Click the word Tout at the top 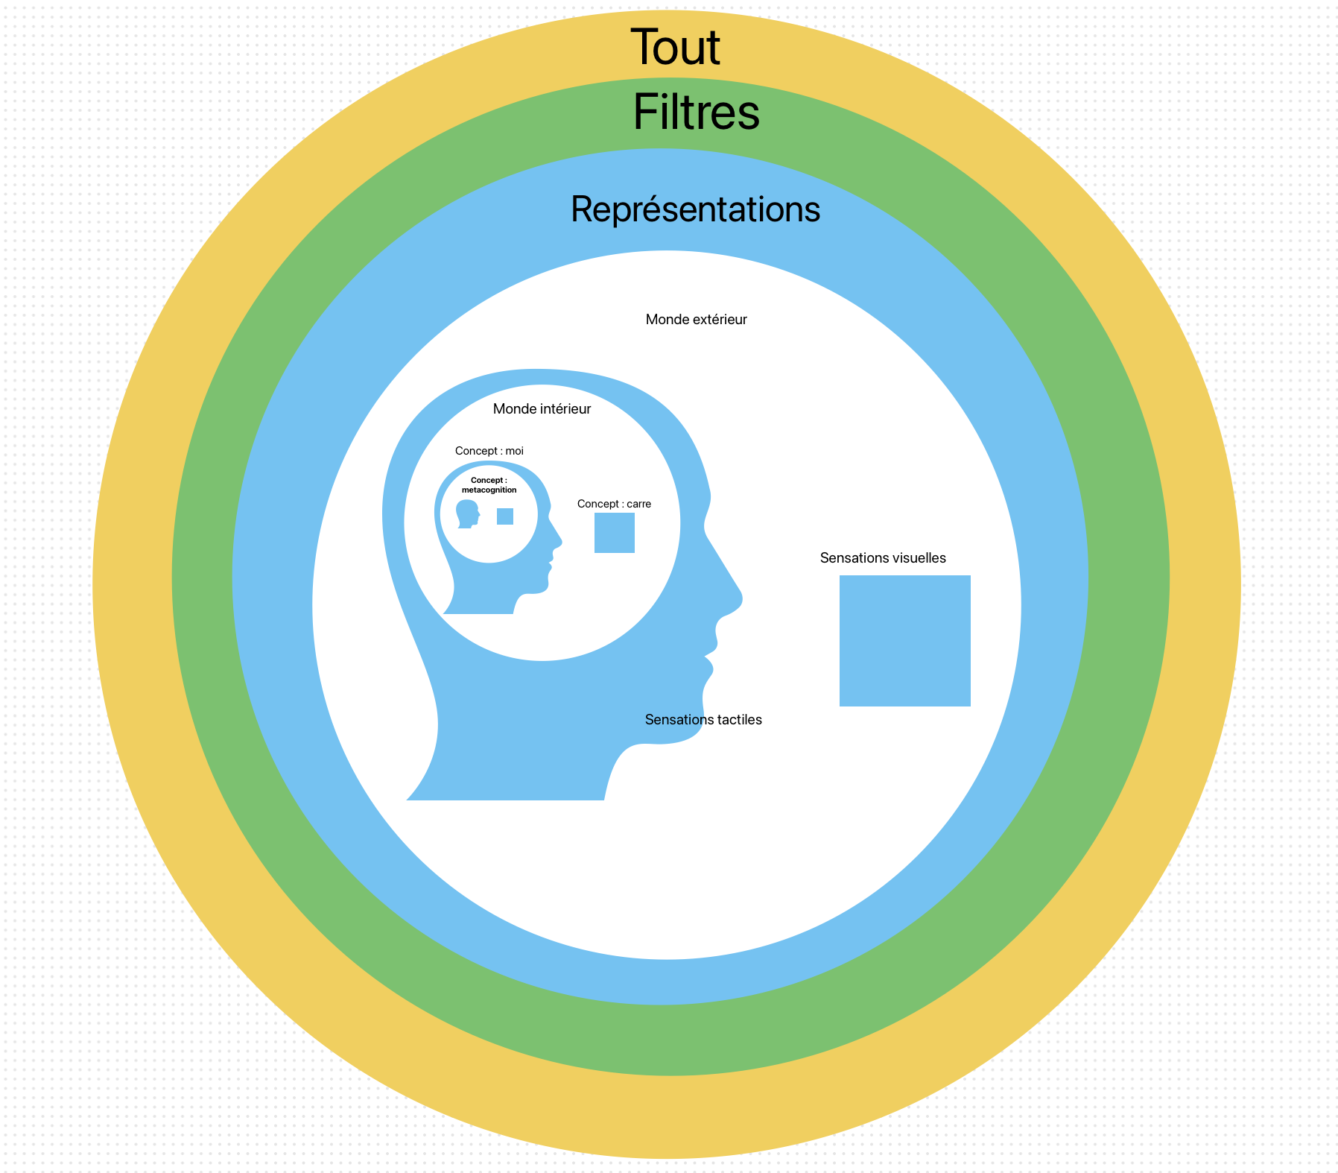[x=675, y=48]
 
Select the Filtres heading [x=696, y=113]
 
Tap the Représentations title [x=695, y=209]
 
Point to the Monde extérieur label [x=696, y=320]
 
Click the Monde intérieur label [x=542, y=409]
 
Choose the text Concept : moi [x=489, y=451]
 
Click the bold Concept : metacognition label [x=489, y=485]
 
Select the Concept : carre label [x=614, y=505]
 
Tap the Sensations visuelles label [x=883, y=558]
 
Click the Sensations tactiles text [x=703, y=720]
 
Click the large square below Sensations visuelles [x=904, y=641]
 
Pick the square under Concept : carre [x=614, y=533]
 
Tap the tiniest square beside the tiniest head [x=505, y=516]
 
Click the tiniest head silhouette [x=467, y=513]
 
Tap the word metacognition [x=489, y=490]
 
